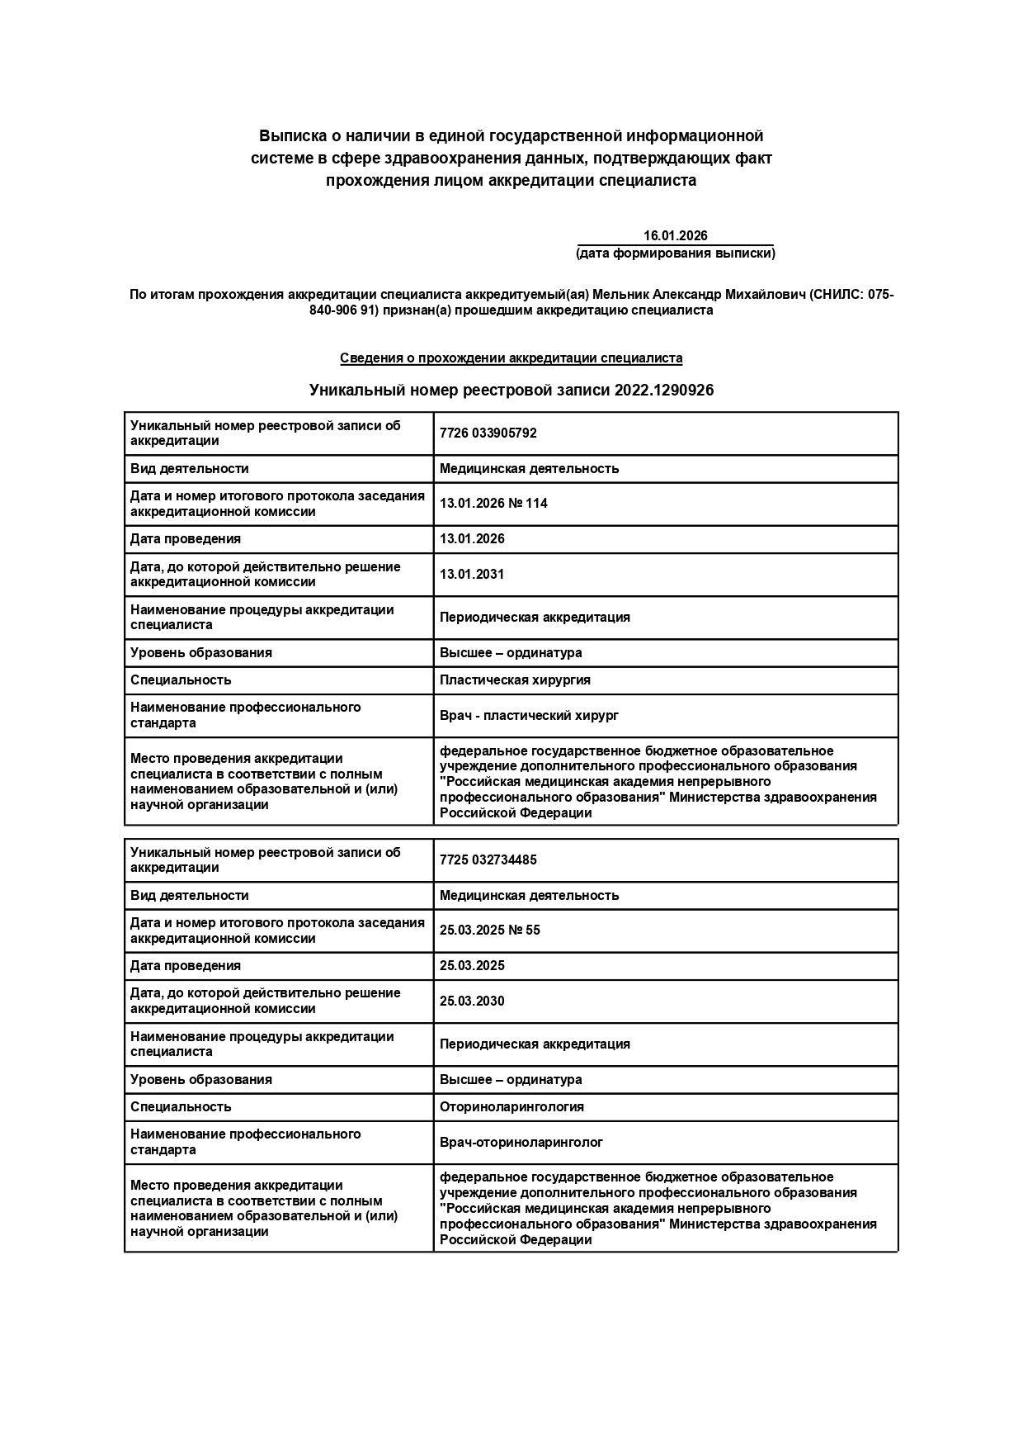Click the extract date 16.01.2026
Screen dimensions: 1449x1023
tap(675, 236)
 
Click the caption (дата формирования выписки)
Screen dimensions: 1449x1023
tap(675, 253)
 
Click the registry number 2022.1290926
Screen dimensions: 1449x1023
tap(663, 391)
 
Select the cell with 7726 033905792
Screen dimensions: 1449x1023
tap(488, 433)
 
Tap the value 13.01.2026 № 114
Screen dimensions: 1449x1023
tap(493, 504)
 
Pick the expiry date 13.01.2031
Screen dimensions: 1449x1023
tap(472, 575)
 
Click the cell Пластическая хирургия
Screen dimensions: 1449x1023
tap(515, 680)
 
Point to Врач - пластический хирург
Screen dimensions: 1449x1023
tap(529, 716)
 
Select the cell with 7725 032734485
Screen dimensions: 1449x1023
tap(488, 860)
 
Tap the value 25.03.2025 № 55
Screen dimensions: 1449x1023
tap(490, 930)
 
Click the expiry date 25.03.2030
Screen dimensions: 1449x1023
tap(472, 1002)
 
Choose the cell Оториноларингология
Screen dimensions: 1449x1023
tap(511, 1107)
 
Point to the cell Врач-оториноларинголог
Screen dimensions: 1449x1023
tap(521, 1143)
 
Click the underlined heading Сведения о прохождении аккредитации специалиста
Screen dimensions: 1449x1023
tap(511, 358)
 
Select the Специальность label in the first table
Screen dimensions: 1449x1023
tap(181, 680)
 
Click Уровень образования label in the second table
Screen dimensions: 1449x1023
tap(200, 1080)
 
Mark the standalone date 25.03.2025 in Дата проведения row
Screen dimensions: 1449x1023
tap(472, 966)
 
